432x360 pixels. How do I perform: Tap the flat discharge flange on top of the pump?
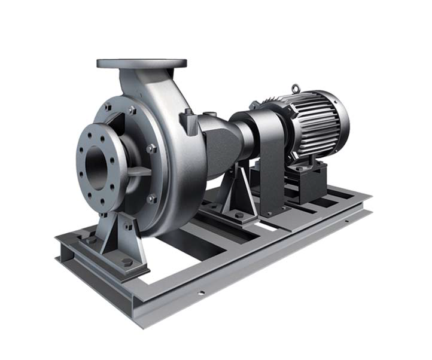(142, 63)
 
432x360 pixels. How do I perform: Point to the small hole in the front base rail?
(201, 293)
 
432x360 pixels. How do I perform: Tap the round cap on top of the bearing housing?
(209, 114)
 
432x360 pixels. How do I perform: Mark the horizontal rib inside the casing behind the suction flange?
(139, 171)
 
